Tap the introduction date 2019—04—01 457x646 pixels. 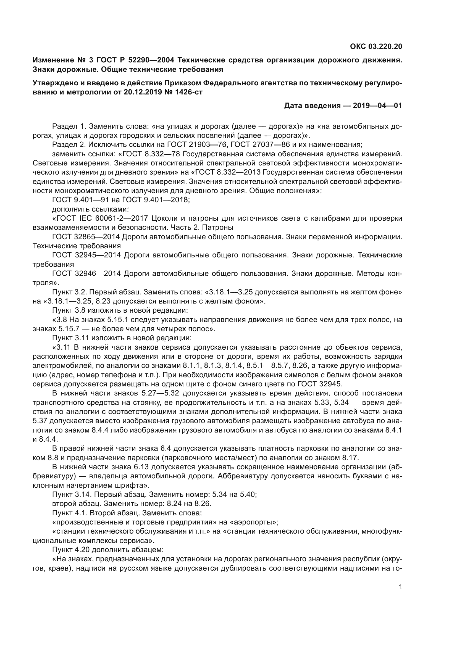click(377, 106)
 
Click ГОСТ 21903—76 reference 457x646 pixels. click(194, 145)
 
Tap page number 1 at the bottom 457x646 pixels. click(400, 587)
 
